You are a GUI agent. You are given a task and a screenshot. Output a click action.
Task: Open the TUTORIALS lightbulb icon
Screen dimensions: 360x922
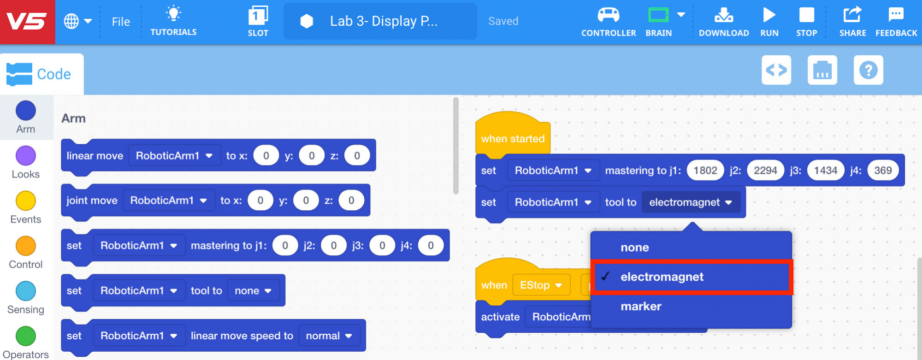point(173,14)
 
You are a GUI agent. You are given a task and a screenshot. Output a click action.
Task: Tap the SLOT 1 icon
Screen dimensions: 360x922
point(258,16)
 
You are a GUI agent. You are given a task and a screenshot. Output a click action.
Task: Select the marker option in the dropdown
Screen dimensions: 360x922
point(641,307)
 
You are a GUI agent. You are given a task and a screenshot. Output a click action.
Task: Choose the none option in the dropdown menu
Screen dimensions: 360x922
point(634,248)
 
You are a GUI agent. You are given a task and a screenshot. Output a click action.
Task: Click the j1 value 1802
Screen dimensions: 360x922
point(705,171)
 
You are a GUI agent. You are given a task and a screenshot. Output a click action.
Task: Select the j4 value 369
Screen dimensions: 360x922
point(882,171)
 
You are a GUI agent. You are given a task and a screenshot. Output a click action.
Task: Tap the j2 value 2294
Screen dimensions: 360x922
point(765,171)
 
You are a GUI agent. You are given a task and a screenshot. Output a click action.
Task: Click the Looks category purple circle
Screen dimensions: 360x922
point(26,156)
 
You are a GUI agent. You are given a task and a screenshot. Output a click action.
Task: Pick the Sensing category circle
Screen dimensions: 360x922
point(26,291)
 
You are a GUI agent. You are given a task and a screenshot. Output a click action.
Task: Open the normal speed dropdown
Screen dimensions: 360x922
point(329,336)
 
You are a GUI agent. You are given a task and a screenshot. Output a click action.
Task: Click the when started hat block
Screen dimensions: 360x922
point(512,138)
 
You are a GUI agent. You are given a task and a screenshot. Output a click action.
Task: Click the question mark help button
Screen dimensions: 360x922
point(868,71)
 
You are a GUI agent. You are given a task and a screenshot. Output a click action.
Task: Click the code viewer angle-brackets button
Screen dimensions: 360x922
point(776,71)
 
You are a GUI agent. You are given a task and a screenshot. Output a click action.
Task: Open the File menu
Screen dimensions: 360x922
point(121,22)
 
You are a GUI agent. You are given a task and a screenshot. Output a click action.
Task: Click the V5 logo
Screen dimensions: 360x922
point(27,22)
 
